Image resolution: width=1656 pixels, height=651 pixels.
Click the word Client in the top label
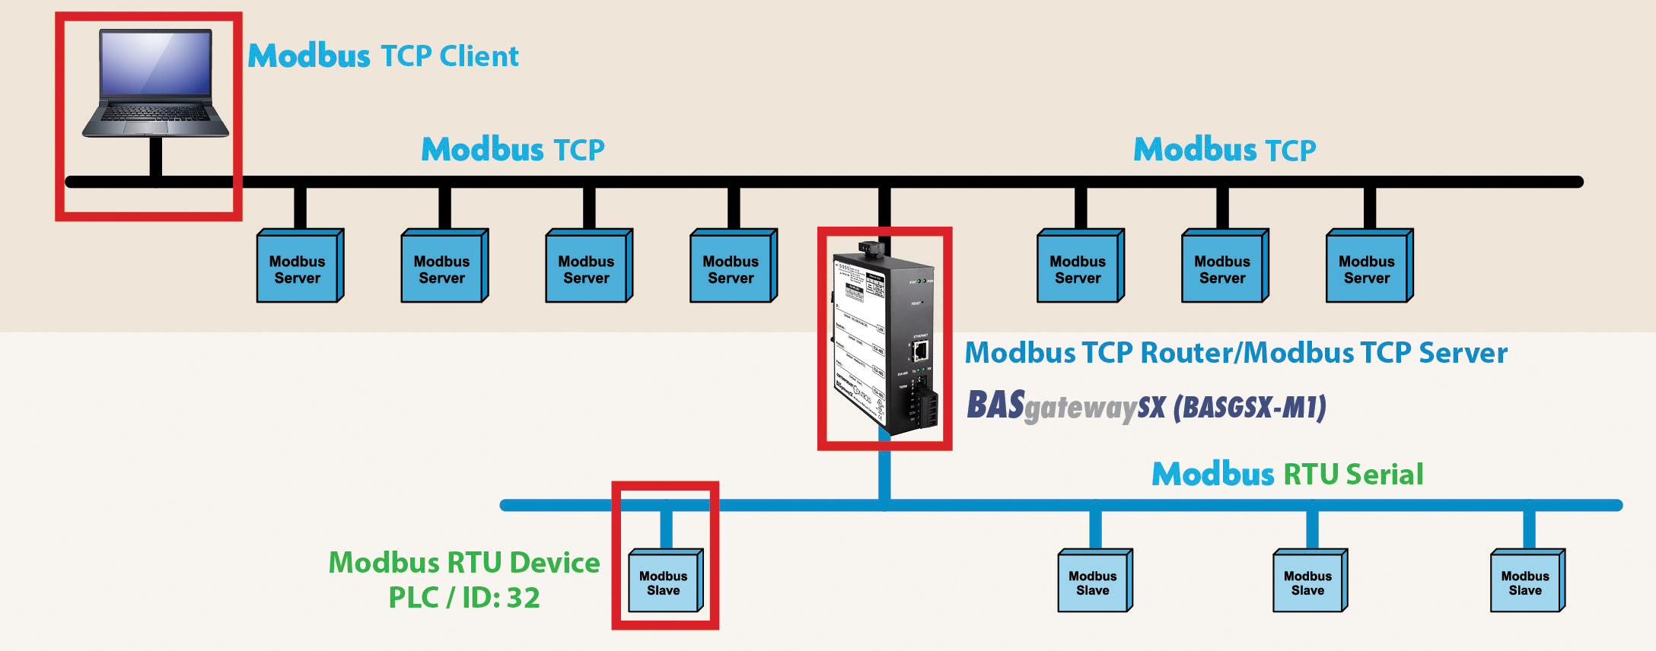coord(479,56)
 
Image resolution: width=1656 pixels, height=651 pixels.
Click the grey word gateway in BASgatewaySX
coord(1081,408)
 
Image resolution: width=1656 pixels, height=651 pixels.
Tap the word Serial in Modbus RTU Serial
coord(1384,475)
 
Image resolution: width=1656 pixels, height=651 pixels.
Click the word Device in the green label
coord(555,563)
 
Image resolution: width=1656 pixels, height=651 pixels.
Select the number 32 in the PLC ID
coord(523,598)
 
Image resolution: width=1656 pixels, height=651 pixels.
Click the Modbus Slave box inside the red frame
coord(664,583)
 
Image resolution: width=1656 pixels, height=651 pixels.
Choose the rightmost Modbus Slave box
coord(1525,583)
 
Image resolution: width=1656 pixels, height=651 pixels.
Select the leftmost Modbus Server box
coord(298,268)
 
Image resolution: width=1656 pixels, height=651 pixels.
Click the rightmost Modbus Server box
coord(1367,268)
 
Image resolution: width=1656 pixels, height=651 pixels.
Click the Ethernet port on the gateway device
coord(921,351)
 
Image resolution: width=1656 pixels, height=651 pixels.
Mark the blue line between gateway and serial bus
coord(884,472)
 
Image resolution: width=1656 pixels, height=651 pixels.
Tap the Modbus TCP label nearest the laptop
coord(513,150)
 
